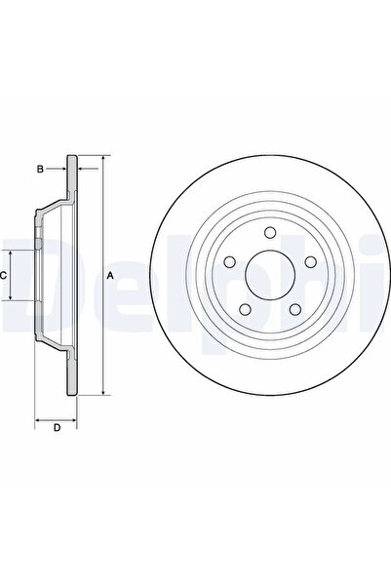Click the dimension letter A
[110, 276]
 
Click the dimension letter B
[40, 169]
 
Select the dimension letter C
[5, 276]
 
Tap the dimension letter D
[57, 428]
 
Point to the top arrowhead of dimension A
[101, 158]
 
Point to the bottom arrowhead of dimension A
[101, 392]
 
